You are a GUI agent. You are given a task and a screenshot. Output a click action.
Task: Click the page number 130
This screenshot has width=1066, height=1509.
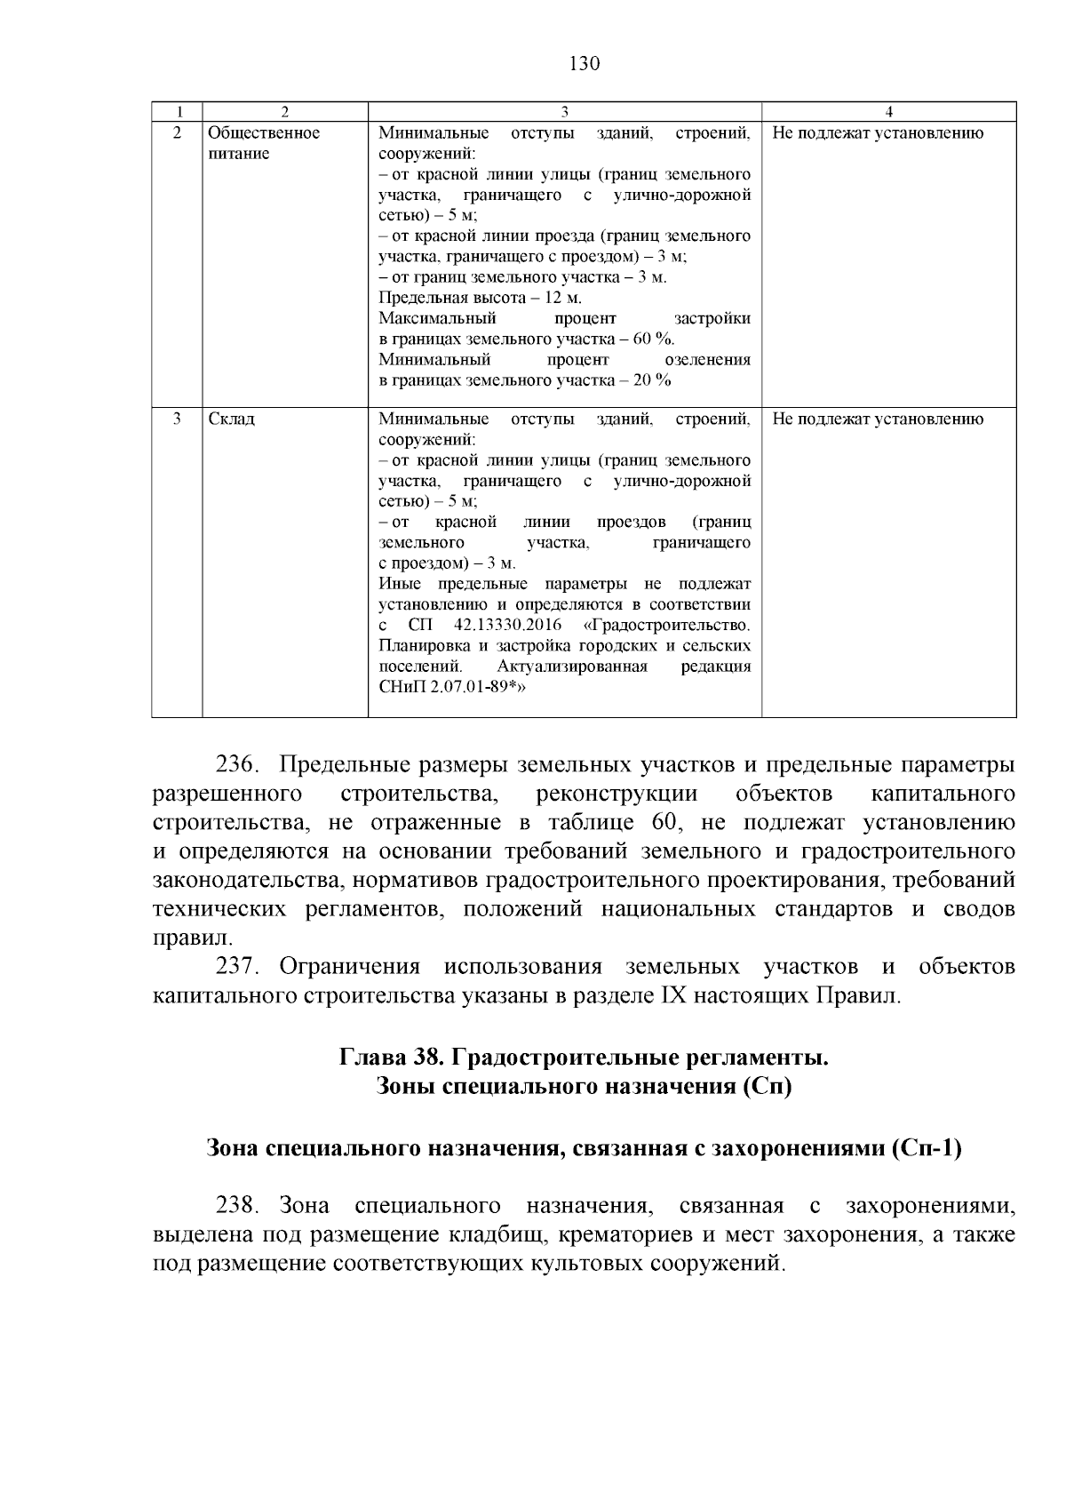[x=584, y=64]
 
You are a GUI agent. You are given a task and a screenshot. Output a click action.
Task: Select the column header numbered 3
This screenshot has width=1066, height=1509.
[x=564, y=112]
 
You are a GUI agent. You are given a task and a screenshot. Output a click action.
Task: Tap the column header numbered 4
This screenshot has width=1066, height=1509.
[x=889, y=112]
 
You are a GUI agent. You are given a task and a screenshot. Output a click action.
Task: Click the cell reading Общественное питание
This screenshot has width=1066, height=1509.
[x=263, y=143]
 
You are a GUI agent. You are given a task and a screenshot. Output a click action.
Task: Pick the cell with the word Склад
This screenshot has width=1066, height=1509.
[x=231, y=419]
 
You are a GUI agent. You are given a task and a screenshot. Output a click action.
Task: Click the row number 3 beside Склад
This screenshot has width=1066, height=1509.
[x=177, y=419]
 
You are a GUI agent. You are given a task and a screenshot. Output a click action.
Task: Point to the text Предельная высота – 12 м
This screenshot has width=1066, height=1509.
[x=480, y=298]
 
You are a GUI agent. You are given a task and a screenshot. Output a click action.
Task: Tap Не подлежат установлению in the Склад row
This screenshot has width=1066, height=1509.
[x=878, y=419]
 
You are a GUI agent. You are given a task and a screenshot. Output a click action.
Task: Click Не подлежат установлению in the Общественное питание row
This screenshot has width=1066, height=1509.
[x=878, y=133]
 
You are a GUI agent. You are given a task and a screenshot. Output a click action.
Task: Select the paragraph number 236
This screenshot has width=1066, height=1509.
[x=237, y=765]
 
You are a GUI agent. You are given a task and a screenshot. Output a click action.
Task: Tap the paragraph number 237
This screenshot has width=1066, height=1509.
[x=237, y=966]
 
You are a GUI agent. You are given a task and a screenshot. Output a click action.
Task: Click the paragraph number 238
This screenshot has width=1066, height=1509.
[x=237, y=1206]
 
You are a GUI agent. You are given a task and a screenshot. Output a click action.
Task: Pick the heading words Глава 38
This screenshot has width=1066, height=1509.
[x=392, y=1058]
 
